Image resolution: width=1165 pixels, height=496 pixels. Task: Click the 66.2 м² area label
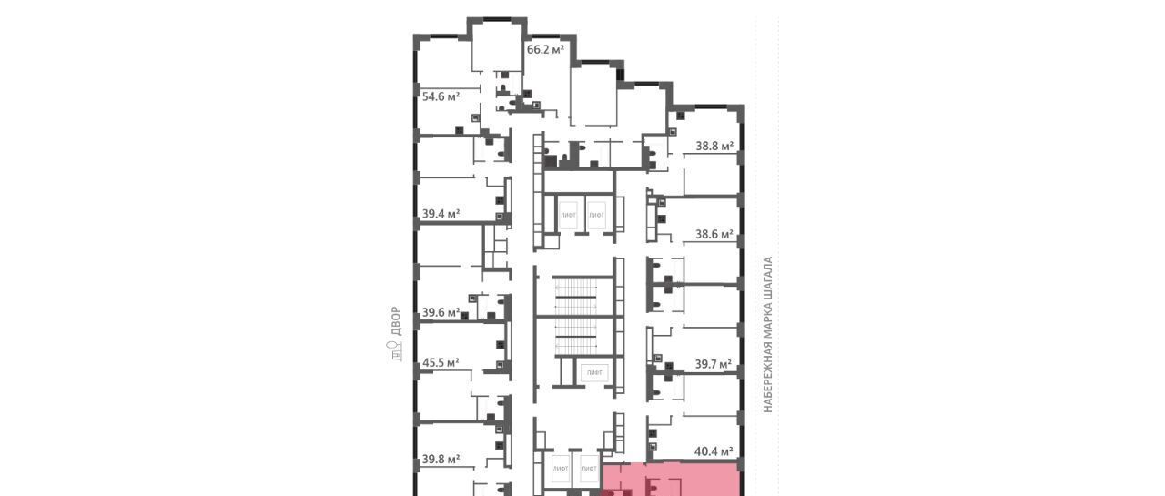tap(545, 50)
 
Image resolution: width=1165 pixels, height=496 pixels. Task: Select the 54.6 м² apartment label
tap(441, 96)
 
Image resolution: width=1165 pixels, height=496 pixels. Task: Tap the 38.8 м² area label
tap(714, 147)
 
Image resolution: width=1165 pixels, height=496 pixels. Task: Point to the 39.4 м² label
tap(441, 214)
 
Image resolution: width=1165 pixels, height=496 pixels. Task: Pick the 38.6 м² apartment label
tap(714, 235)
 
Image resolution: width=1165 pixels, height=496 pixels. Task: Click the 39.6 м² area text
tap(441, 312)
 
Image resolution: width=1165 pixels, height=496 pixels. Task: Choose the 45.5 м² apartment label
tap(441, 362)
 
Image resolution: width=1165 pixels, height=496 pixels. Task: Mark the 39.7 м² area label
tap(714, 364)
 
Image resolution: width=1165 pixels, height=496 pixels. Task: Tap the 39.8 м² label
tap(441, 459)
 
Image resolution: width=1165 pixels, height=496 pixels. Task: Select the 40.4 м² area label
tap(714, 451)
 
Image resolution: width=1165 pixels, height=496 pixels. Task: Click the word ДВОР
tap(396, 321)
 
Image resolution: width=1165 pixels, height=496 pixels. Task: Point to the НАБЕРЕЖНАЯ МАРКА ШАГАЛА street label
tap(767, 335)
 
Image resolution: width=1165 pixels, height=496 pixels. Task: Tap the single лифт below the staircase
tap(594, 373)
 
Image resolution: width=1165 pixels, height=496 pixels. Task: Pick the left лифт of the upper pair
tap(568, 214)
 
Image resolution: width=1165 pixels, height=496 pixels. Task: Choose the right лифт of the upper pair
tap(596, 214)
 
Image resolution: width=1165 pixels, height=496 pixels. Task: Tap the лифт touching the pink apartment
tap(589, 469)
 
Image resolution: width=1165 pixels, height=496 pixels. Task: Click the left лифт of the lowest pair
tap(560, 469)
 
